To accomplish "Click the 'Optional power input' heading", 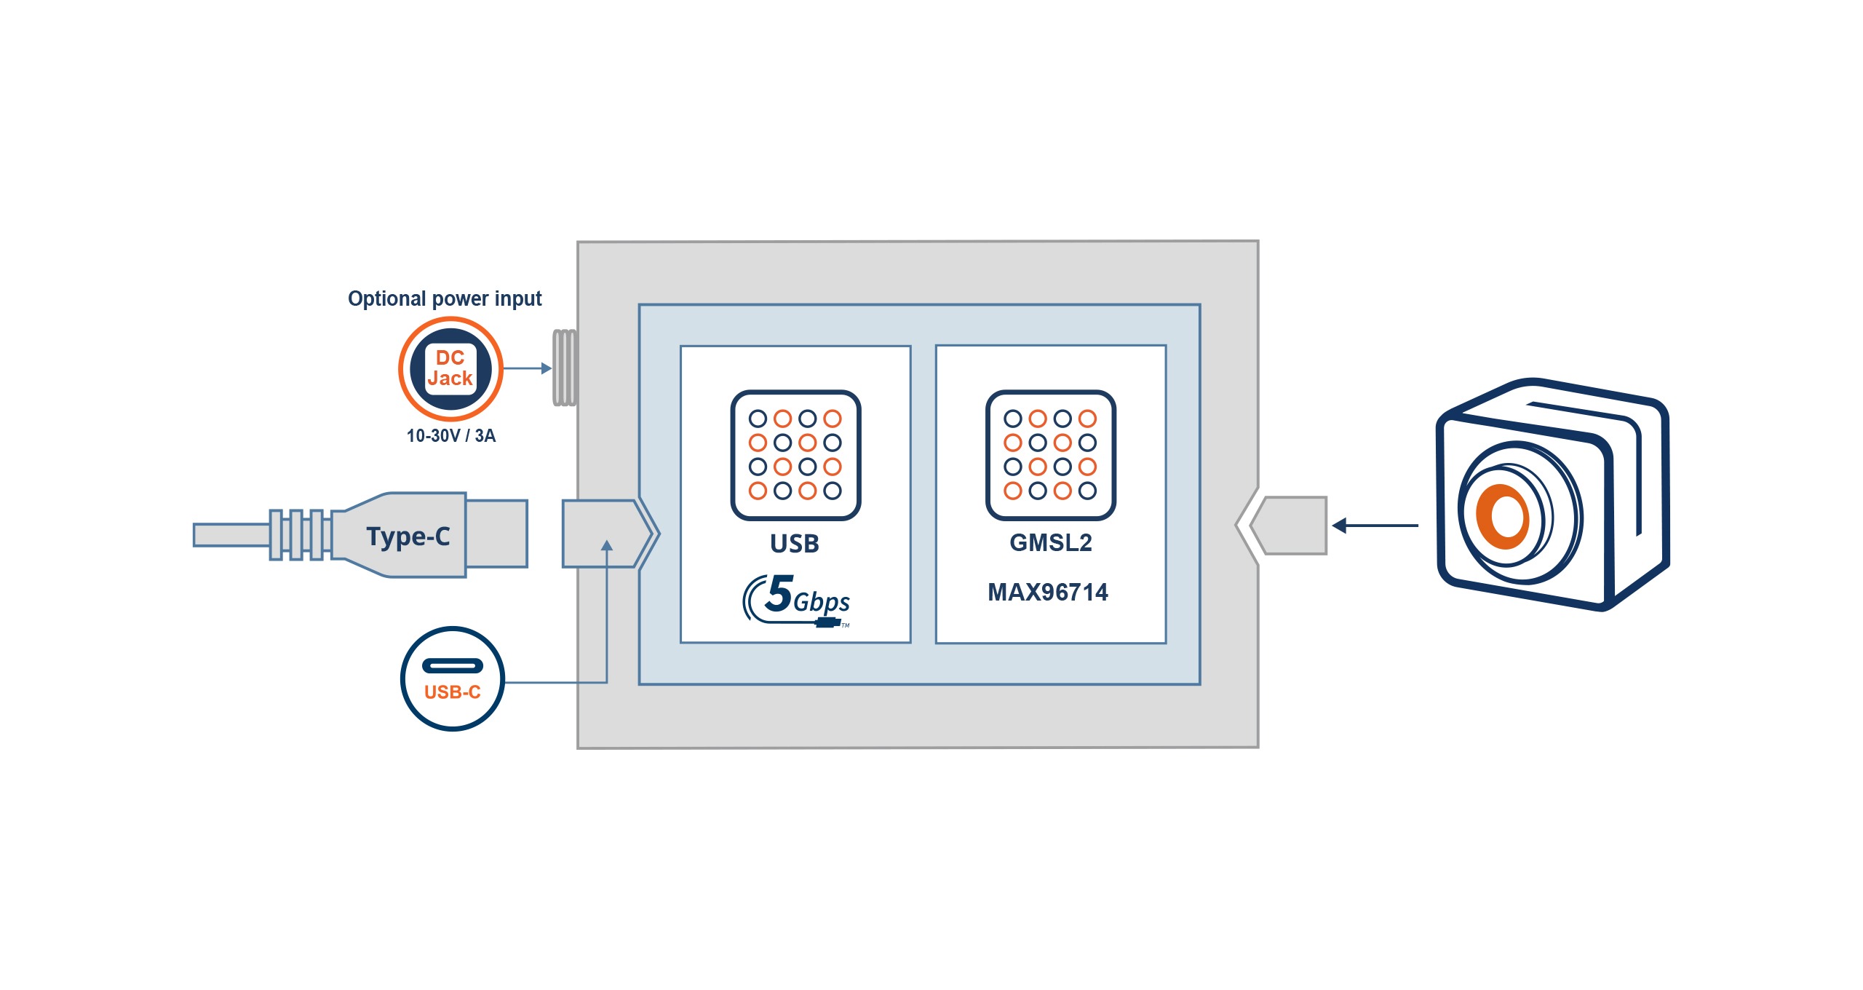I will click(x=445, y=298).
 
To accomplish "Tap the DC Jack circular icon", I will click(x=450, y=368).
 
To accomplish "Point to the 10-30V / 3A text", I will click(x=450, y=436).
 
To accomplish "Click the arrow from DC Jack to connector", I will click(x=527, y=368).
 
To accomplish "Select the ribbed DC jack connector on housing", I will click(x=565, y=368).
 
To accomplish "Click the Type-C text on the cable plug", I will click(x=408, y=536).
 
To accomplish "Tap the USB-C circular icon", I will click(x=452, y=678).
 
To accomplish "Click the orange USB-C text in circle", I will click(x=452, y=692).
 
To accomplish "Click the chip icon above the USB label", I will click(x=795, y=455).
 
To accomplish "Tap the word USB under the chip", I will click(x=795, y=544).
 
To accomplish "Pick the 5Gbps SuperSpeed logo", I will click(x=797, y=600).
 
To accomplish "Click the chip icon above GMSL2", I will click(x=1050, y=455).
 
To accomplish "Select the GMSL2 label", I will click(x=1050, y=543).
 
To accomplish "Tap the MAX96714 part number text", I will click(x=1047, y=593).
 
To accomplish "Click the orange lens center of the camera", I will click(x=1502, y=516).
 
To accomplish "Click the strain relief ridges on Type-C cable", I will click(x=296, y=535).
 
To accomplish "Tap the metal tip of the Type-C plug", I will click(x=496, y=534).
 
